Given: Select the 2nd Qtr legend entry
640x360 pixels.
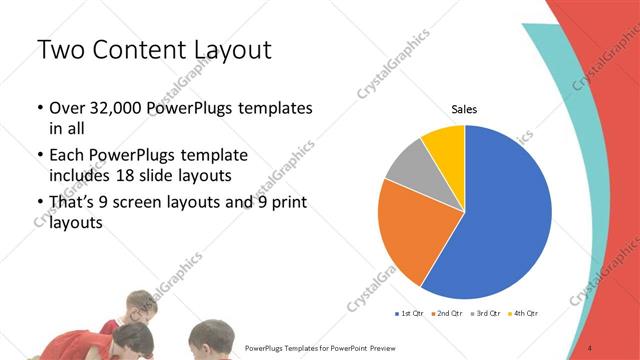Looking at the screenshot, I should [x=448, y=313].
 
